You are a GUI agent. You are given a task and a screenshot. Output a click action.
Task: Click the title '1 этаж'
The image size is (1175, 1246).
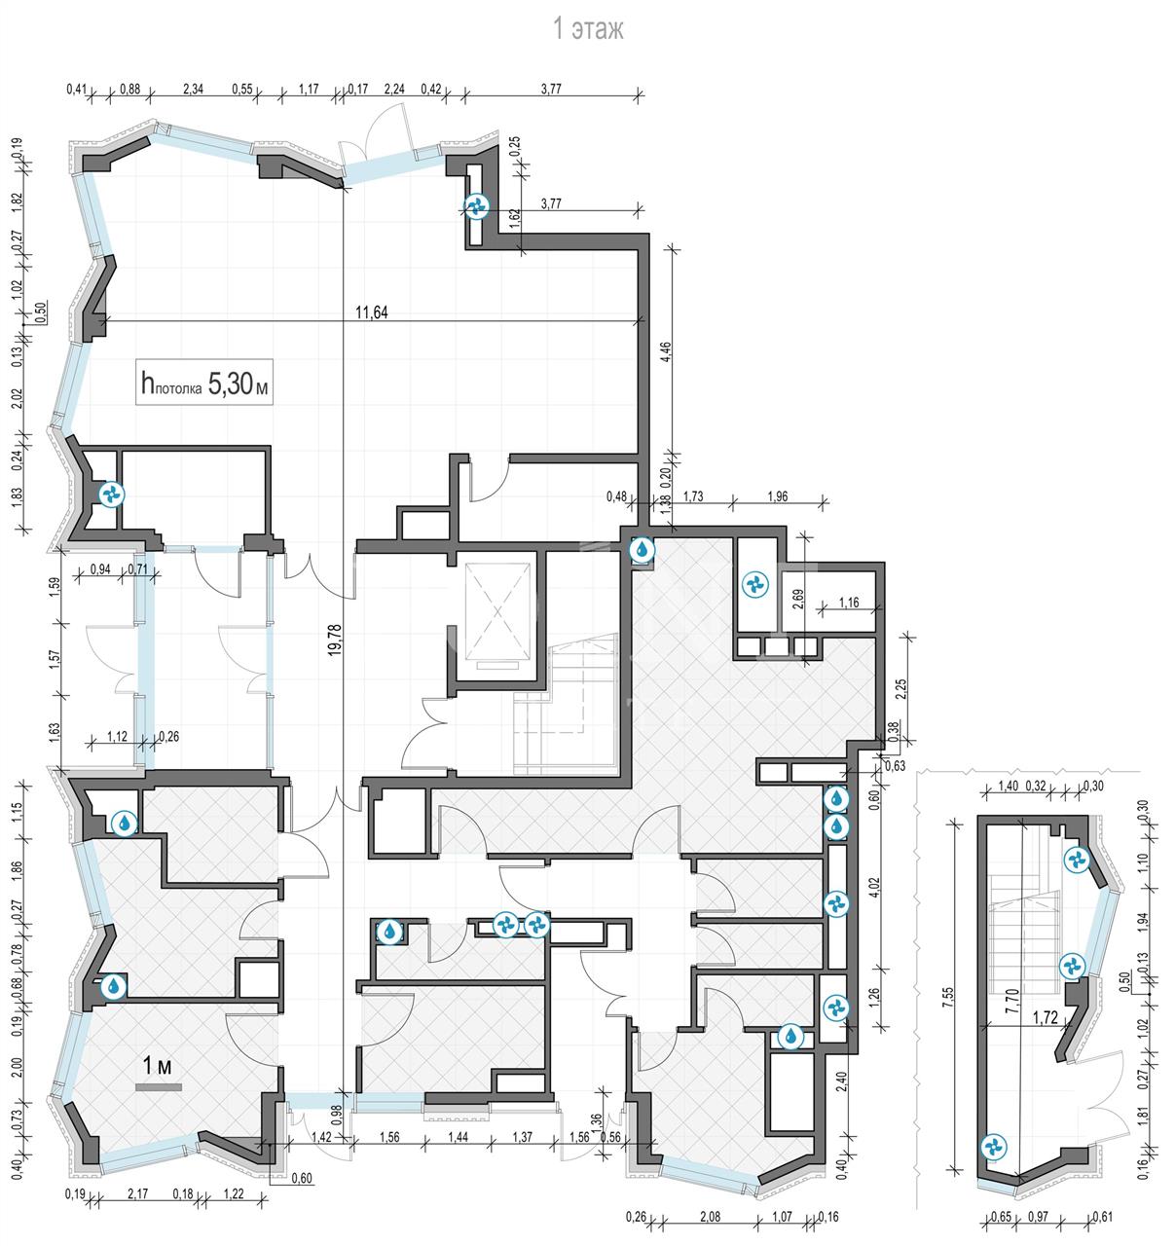coord(588,29)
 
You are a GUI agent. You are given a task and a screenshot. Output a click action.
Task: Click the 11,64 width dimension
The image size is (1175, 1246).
coord(372,311)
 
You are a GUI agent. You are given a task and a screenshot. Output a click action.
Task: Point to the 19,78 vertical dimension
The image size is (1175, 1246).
coord(335,640)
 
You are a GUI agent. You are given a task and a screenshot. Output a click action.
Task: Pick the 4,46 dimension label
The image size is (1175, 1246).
coord(666,351)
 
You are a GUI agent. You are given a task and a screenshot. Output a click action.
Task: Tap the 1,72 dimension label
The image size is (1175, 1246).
coord(1046,1017)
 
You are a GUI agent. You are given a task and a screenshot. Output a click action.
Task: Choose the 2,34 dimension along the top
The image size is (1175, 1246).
coord(193,90)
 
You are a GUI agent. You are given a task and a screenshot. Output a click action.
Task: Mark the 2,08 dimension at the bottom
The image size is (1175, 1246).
coord(710,1217)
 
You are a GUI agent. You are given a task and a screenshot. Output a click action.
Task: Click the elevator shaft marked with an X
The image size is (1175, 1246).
coord(497,611)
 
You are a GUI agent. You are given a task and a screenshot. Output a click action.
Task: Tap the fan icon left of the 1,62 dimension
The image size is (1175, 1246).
coord(476,205)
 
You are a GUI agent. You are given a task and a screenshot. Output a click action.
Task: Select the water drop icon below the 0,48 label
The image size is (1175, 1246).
coord(643,550)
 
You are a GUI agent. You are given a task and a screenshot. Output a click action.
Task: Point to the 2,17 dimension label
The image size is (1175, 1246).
coord(137,1193)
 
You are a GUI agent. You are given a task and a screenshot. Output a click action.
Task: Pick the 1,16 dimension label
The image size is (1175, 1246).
coord(849,603)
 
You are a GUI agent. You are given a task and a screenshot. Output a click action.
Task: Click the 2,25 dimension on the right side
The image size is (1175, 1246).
coord(901,689)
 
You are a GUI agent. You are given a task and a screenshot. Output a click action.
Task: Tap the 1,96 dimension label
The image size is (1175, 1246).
coord(777,496)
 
